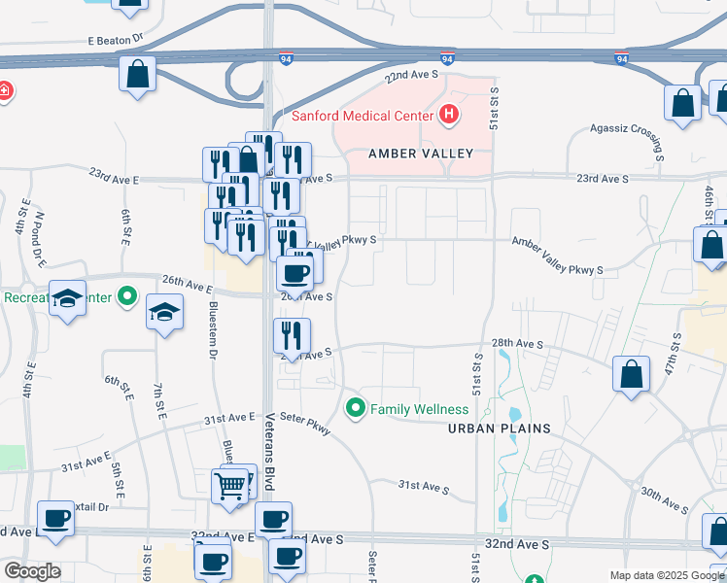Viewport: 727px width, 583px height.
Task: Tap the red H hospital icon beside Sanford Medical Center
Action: [448, 115]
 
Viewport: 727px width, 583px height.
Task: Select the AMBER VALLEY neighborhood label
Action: [421, 154]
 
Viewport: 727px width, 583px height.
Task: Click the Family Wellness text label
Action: [419, 409]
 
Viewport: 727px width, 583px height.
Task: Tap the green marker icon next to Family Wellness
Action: [356, 408]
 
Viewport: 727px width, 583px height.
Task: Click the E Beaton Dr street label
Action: [115, 41]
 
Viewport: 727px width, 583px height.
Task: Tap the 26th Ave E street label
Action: [187, 287]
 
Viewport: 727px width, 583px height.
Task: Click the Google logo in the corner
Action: [32, 571]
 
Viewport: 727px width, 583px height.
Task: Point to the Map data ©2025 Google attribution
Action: [666, 575]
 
